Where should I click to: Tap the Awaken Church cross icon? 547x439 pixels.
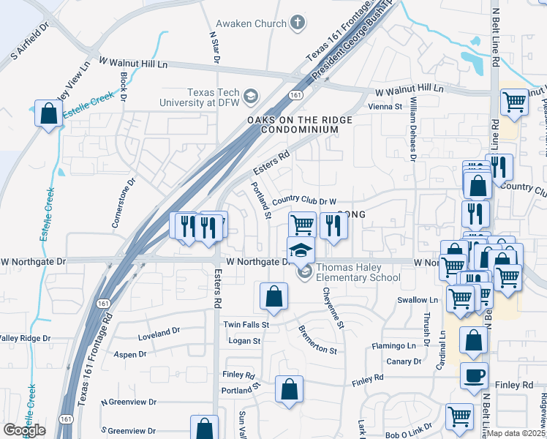click(x=297, y=23)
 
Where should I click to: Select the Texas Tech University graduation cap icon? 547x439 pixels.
click(x=251, y=96)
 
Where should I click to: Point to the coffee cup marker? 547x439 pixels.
click(x=474, y=375)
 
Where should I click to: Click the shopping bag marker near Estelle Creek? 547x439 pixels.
click(x=48, y=113)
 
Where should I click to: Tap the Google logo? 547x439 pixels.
click(x=24, y=430)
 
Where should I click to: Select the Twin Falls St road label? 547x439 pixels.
click(x=246, y=324)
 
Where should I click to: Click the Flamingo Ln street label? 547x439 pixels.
click(x=393, y=345)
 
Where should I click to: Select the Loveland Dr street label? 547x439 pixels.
click(x=159, y=332)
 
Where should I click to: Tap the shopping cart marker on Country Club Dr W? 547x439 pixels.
click(x=302, y=224)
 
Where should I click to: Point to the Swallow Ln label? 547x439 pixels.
click(x=417, y=300)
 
